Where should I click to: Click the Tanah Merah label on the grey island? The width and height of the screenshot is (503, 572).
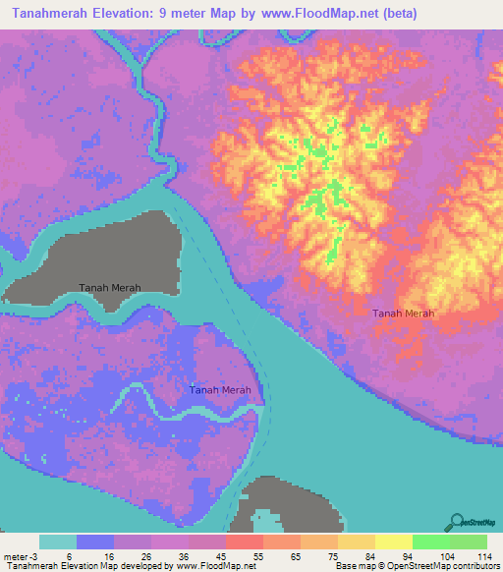point(110,287)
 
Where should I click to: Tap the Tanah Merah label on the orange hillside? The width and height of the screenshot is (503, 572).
point(403,314)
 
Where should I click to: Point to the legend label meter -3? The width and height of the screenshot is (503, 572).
point(23,556)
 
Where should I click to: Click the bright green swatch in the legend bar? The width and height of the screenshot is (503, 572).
point(431,542)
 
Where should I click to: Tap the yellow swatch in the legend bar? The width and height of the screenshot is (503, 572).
point(393,542)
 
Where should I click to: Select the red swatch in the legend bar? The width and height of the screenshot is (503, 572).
point(244,542)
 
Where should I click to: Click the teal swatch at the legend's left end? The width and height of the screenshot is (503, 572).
point(57,542)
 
